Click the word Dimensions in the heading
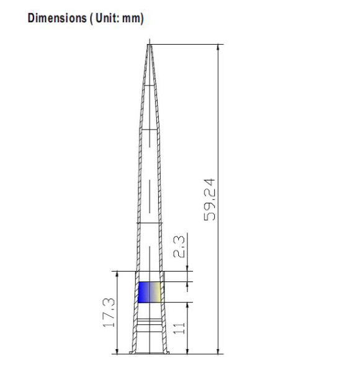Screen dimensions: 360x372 pyautogui.click(x=57, y=18)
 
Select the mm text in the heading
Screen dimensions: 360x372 pyautogui.click(x=132, y=19)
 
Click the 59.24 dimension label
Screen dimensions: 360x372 pyautogui.click(x=209, y=200)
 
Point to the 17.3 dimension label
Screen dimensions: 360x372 pyautogui.click(x=109, y=312)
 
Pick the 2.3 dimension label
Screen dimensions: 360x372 pyautogui.click(x=179, y=247)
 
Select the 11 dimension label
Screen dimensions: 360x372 pyautogui.click(x=179, y=328)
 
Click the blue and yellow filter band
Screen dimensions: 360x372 pyautogui.click(x=150, y=292)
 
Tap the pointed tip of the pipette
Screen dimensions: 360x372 pyautogui.click(x=150, y=45)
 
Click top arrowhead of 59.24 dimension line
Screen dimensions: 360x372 pyautogui.click(x=218, y=47)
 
